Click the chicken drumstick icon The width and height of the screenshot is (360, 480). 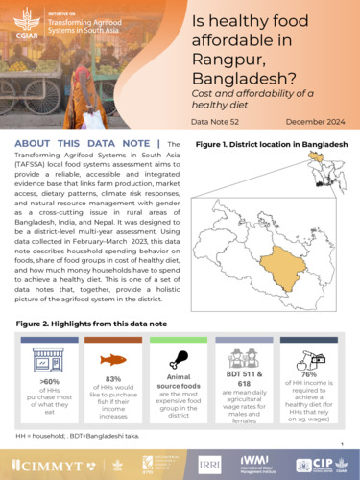(179, 359)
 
